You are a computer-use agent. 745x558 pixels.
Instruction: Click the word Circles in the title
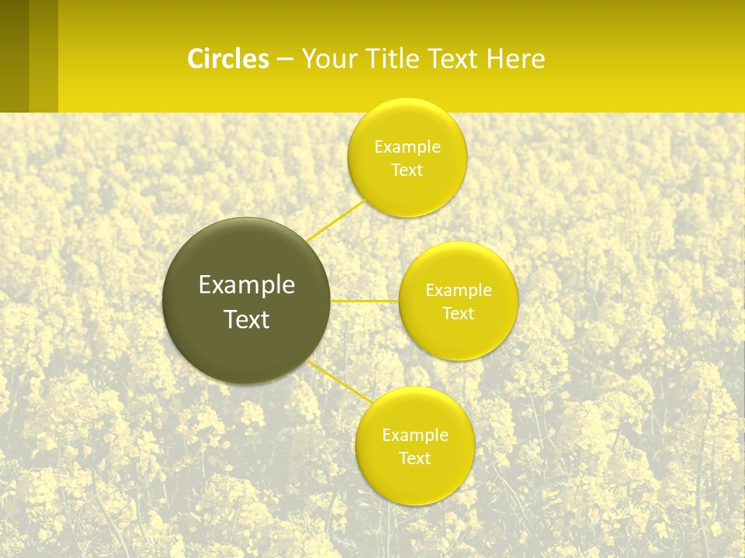(228, 59)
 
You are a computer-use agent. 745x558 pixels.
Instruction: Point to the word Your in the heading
(328, 59)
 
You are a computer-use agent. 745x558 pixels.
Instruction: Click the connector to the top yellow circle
(335, 220)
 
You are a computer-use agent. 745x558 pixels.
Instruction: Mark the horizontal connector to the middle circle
(364, 301)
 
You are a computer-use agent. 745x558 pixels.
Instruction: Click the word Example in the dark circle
(246, 285)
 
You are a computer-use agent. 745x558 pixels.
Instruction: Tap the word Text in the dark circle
(246, 319)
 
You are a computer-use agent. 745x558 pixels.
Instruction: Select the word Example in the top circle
(407, 147)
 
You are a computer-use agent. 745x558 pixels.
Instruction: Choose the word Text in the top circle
(407, 170)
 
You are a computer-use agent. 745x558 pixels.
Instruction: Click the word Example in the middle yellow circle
(458, 291)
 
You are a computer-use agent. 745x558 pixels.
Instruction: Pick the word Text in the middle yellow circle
(458, 314)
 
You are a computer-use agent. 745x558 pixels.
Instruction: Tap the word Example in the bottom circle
(414, 436)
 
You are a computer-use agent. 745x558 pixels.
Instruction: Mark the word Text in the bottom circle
(414, 459)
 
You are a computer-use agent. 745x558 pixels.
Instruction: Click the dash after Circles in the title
(285, 59)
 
